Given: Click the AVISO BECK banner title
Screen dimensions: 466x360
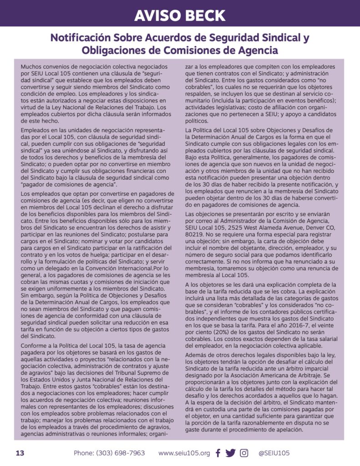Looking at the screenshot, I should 180,15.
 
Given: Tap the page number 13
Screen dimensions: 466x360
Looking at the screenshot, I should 20,453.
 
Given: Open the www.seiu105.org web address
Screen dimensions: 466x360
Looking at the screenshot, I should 184,453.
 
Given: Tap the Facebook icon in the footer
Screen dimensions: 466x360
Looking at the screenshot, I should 218,453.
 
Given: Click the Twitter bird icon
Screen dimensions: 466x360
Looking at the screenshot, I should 230,453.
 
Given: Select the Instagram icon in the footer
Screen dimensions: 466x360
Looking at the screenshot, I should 244,453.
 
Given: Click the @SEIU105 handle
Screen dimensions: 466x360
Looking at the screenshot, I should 274,453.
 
